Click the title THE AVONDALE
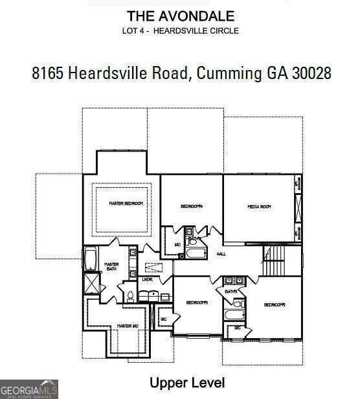pos(181,16)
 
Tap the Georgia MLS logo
pos(29,389)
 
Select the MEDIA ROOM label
pos(258,207)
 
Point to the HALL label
pos(221,254)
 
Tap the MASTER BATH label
pos(111,266)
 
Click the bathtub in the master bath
pos(89,260)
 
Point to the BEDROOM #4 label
pos(192,207)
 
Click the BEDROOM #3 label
pos(196,302)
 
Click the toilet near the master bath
pos(129,297)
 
